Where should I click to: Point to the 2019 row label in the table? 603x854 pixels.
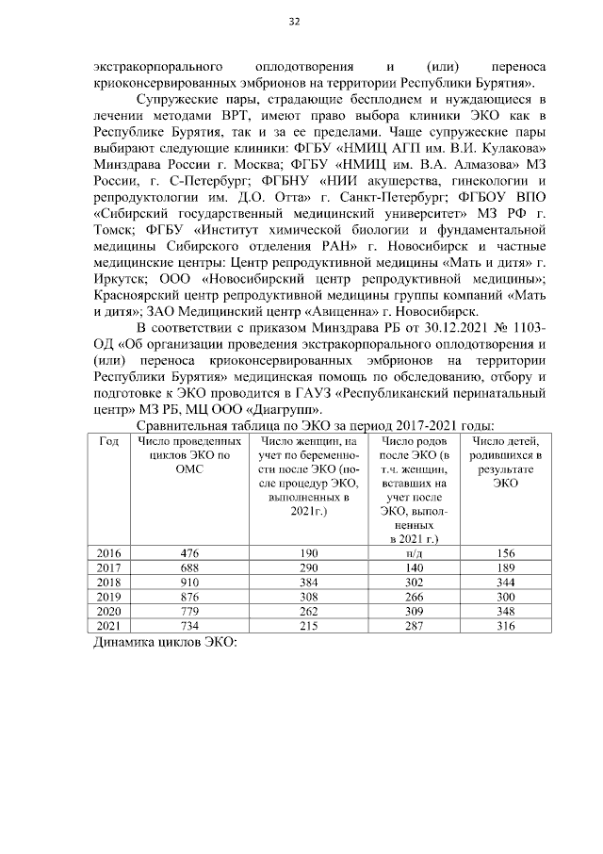click(x=110, y=598)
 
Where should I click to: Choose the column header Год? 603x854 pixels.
click(x=110, y=440)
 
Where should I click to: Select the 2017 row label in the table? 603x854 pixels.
click(x=110, y=567)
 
